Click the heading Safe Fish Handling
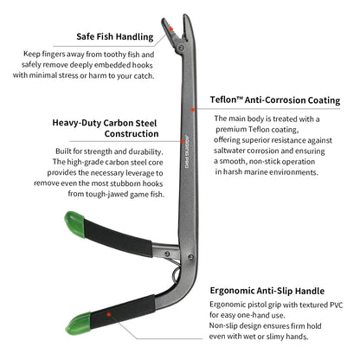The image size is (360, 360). pyautogui.click(x=115, y=37)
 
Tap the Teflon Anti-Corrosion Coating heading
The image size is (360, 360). pyautogui.click(x=275, y=100)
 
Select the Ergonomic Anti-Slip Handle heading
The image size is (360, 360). pyautogui.click(x=267, y=291)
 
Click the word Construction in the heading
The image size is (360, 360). pyautogui.click(x=132, y=133)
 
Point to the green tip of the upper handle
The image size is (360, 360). pyautogui.click(x=74, y=224)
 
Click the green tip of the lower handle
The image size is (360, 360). pyautogui.click(x=78, y=324)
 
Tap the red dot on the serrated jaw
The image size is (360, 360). pyautogui.click(x=170, y=29)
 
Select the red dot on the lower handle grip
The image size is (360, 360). pyautogui.click(x=108, y=314)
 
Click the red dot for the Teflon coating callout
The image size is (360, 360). pyautogui.click(x=193, y=110)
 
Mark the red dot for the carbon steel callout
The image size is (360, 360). pyautogui.click(x=183, y=141)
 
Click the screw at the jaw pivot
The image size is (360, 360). pyautogui.click(x=181, y=48)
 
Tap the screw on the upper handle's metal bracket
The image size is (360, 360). pyautogui.click(x=167, y=254)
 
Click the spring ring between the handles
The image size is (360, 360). pyautogui.click(x=174, y=274)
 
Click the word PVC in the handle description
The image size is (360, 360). pyautogui.click(x=336, y=305)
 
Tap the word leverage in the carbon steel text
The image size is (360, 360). pyautogui.click(x=138, y=173)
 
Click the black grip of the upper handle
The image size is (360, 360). pyautogui.click(x=118, y=238)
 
